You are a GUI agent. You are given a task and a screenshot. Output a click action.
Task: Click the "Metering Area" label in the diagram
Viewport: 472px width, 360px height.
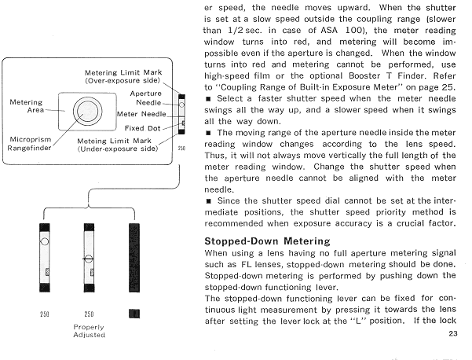[x=26, y=106]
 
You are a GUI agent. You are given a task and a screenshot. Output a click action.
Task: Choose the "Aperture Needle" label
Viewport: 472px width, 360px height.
[x=146, y=97]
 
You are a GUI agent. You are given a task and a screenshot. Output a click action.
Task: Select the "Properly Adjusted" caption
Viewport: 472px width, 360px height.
[x=88, y=330]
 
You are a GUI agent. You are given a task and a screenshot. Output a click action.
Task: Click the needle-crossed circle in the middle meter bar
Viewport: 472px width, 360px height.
[x=88, y=257]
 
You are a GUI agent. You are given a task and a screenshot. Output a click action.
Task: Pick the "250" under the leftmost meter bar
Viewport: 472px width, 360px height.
[x=44, y=314]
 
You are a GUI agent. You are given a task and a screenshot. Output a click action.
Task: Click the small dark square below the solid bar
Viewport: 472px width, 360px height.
[x=133, y=313]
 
